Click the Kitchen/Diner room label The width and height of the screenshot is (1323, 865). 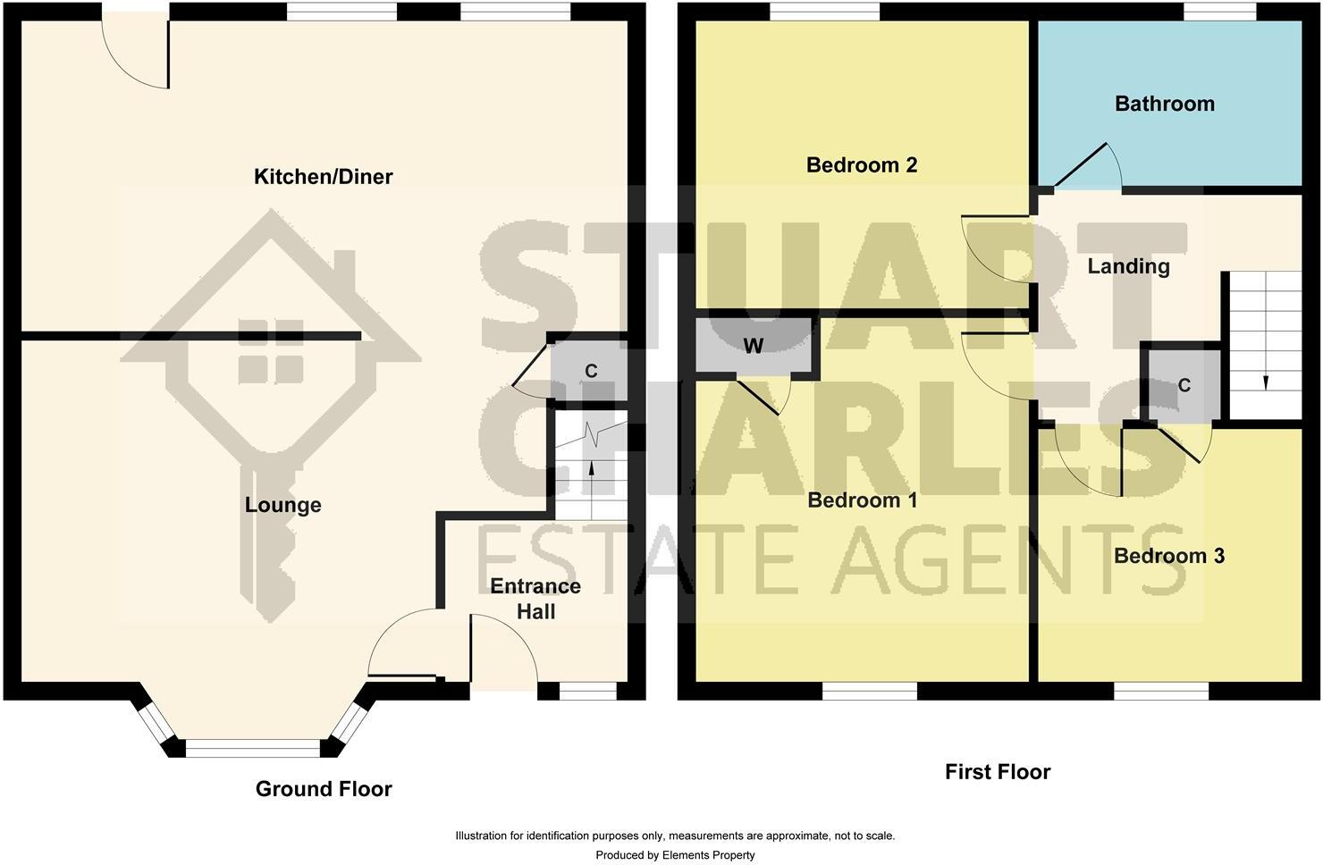(x=323, y=177)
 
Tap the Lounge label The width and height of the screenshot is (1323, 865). (x=282, y=505)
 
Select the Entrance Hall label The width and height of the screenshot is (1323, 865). (x=535, y=599)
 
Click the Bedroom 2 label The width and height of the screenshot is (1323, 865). (x=861, y=164)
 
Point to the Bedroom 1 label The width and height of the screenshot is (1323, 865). (x=862, y=500)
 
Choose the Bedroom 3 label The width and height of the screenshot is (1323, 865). (x=1168, y=556)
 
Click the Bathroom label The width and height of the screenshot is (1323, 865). (x=1164, y=104)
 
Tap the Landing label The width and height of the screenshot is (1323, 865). (x=1128, y=266)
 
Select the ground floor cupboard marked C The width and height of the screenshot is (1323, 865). (x=590, y=371)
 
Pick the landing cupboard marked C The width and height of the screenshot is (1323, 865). (x=1184, y=385)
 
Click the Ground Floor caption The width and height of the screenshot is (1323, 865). (x=324, y=789)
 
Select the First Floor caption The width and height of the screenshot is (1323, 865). (x=997, y=772)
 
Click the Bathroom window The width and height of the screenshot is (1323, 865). (x=1220, y=11)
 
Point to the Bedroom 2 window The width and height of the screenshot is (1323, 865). (x=824, y=11)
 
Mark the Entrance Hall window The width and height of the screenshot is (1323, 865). (x=587, y=691)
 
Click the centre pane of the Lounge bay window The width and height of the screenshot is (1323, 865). (x=252, y=748)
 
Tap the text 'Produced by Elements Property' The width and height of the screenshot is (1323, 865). (x=675, y=855)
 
